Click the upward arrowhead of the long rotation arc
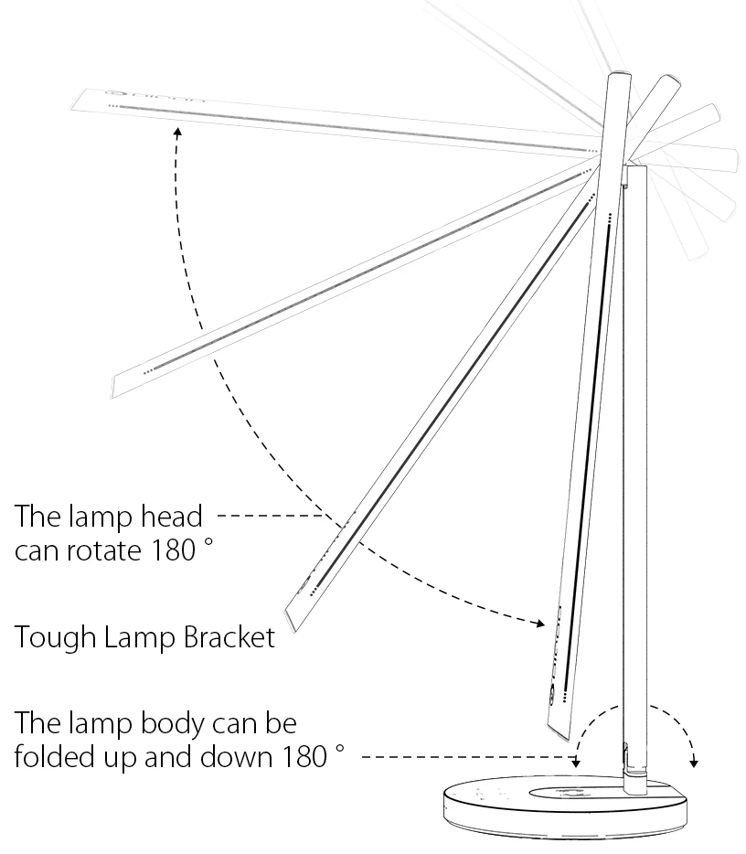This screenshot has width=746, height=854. coord(177,132)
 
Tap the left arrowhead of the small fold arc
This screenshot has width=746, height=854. coord(576,762)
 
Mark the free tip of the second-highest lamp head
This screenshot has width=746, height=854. coord(114,385)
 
